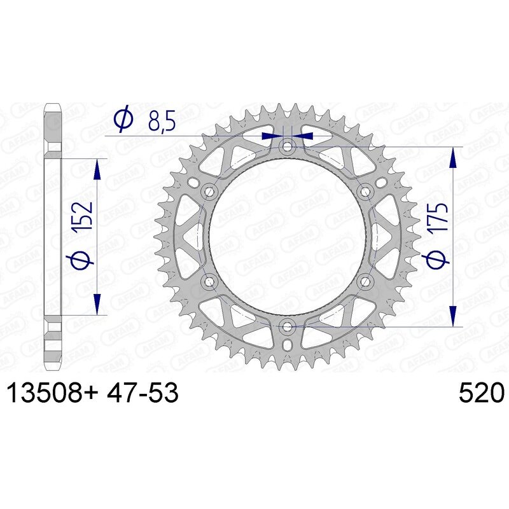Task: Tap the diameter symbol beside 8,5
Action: pyautogui.click(x=123, y=119)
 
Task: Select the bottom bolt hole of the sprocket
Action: pyautogui.click(x=287, y=326)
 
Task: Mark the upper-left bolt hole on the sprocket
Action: pyautogui.click(x=209, y=192)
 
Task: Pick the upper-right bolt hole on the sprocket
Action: pyautogui.click(x=365, y=192)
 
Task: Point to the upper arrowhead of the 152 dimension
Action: pyautogui.click(x=97, y=169)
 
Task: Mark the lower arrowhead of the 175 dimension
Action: pyautogui.click(x=453, y=316)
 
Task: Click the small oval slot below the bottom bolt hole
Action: pyautogui.click(x=287, y=344)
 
